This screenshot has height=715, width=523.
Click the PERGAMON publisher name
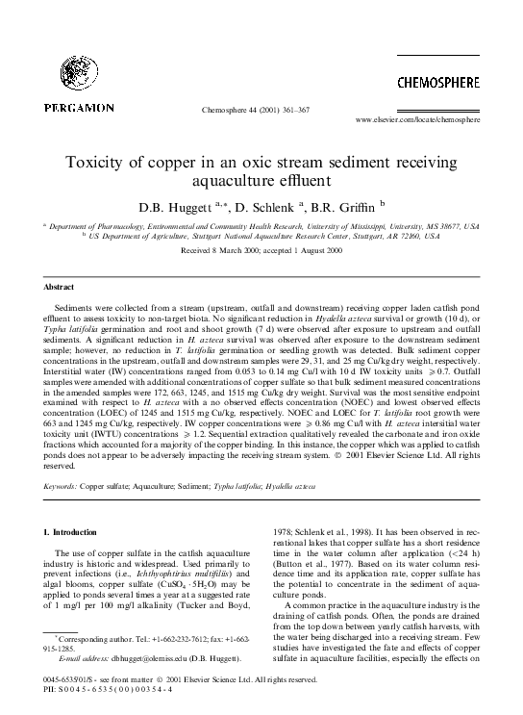tap(78, 107)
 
